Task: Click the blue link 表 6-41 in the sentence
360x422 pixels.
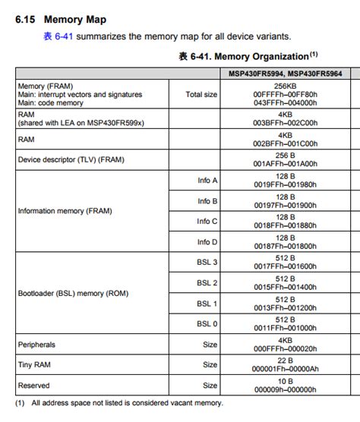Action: (58, 36)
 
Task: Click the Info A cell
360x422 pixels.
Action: (207, 181)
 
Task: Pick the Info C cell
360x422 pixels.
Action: (207, 222)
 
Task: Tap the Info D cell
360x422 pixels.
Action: (207, 242)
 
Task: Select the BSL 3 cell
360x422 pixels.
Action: (207, 263)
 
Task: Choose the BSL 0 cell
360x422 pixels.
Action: (207, 324)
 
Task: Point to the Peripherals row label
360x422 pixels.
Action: (36, 345)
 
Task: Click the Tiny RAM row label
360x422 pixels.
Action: (35, 365)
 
